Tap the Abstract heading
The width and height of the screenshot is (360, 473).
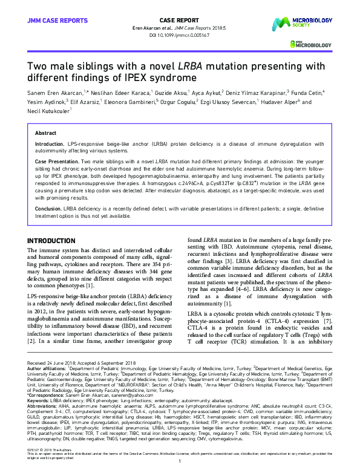(x=46, y=132)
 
